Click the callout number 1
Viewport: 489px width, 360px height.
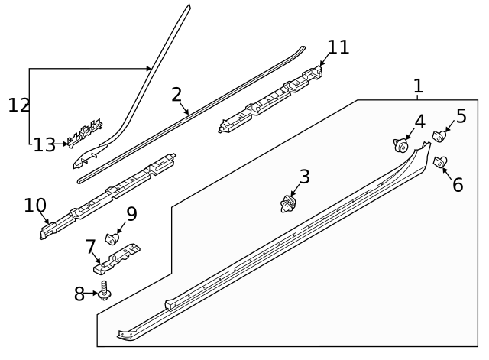click(417, 86)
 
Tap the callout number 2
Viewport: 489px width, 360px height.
click(176, 95)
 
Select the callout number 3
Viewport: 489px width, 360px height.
click(304, 177)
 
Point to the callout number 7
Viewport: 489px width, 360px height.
click(90, 246)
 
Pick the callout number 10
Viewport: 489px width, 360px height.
click(35, 205)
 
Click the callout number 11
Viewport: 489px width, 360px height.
click(338, 47)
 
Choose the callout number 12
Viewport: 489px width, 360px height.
click(18, 105)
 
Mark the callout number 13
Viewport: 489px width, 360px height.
click(44, 144)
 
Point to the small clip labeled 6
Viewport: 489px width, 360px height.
click(441, 161)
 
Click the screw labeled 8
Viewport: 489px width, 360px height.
click(104, 292)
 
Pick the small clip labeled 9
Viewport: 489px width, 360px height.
click(111, 236)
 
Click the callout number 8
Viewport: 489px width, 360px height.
click(79, 294)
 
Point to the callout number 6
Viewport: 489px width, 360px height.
click(458, 185)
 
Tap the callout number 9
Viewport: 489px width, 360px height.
click(131, 214)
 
